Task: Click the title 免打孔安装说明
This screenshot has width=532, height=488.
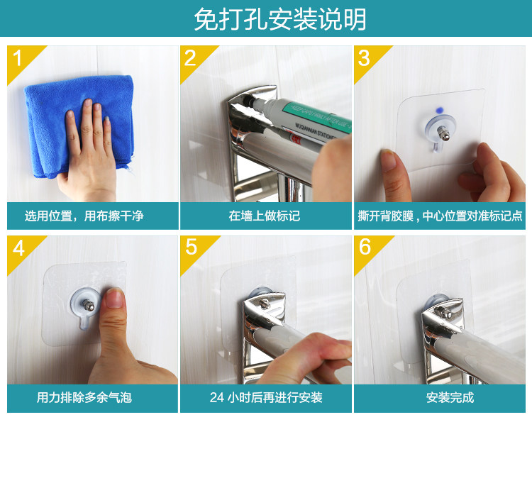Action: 280,19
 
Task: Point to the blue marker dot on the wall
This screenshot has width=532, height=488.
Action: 440,110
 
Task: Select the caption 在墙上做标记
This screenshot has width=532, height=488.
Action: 265,216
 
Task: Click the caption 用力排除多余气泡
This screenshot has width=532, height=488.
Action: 84,397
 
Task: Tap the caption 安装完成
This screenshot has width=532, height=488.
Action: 450,397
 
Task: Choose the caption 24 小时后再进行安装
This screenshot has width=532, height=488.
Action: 266,397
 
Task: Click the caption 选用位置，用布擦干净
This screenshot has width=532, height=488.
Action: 84,216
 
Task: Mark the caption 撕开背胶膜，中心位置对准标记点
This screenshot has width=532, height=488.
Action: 440,216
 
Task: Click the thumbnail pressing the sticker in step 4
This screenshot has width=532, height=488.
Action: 115,298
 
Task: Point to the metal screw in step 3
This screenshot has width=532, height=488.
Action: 442,132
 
